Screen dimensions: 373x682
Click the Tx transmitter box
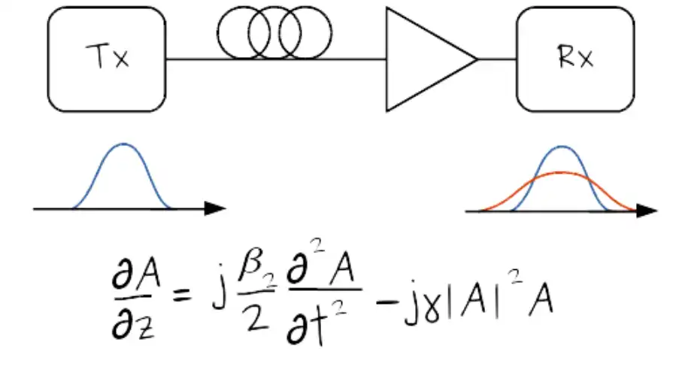[x=107, y=59]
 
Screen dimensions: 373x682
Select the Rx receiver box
[x=575, y=59]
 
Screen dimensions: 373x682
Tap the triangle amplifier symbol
[x=425, y=59]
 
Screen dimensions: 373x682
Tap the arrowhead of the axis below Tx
[x=217, y=208]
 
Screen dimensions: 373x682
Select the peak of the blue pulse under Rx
[x=561, y=147]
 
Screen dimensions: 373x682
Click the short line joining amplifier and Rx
[x=497, y=59]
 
